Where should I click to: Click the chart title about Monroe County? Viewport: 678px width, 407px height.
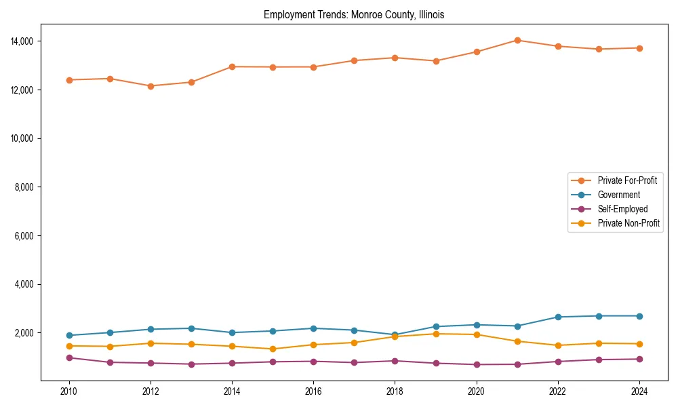point(354,15)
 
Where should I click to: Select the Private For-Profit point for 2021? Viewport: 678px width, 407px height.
point(517,40)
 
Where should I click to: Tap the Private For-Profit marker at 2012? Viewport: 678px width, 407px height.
point(151,86)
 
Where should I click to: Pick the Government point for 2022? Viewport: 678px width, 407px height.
point(558,317)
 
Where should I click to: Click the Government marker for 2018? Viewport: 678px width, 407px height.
point(395,335)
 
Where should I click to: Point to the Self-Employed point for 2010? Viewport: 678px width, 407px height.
point(69,357)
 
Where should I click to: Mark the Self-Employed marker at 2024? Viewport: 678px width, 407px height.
point(639,359)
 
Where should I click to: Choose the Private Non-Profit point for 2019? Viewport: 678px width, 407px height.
point(436,334)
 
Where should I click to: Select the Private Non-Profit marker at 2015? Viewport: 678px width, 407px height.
point(273,349)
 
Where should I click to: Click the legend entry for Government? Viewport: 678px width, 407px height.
point(618,195)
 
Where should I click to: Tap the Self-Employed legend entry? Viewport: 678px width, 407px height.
point(622,209)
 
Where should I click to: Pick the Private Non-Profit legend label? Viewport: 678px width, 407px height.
point(629,223)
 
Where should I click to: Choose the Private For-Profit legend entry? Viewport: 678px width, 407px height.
point(627,180)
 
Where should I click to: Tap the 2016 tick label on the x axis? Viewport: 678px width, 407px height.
point(313,391)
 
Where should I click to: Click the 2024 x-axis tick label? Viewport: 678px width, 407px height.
point(639,391)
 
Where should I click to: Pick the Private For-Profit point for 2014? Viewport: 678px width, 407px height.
point(232,66)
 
